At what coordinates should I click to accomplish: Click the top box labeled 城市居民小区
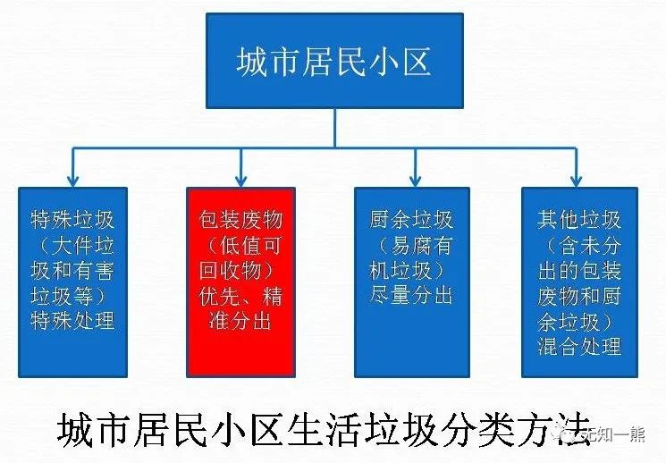[x=334, y=61]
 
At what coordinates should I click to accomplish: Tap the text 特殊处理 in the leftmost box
[x=73, y=320]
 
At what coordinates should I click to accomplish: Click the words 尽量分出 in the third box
[x=411, y=296]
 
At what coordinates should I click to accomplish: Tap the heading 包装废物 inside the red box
[x=240, y=221]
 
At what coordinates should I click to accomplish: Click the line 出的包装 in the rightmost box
[x=579, y=271]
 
